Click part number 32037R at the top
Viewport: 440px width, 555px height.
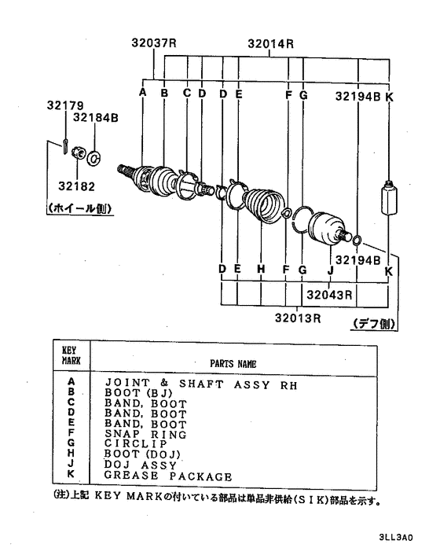tap(154, 42)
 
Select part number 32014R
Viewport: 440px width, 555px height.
tap(270, 44)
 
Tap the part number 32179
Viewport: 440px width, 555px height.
tap(65, 105)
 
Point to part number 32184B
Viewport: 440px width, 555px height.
tap(96, 117)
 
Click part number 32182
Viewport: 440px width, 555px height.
tap(77, 186)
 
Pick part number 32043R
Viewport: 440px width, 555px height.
tap(329, 295)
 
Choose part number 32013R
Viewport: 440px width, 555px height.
tap(298, 318)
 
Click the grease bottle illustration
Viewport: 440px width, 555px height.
tap(389, 197)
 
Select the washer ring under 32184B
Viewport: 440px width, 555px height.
tap(93, 158)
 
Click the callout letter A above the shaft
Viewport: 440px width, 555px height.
tap(142, 93)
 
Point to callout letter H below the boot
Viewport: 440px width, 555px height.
tap(261, 269)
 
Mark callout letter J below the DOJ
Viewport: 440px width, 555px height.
tap(330, 270)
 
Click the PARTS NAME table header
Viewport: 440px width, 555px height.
tap(233, 364)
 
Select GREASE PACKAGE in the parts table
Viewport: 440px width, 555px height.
tap(168, 476)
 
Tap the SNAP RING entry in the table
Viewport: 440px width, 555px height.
tap(145, 434)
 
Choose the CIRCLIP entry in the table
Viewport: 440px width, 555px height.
tap(135, 444)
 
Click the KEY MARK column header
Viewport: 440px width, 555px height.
tap(71, 355)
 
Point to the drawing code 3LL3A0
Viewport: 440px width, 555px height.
tap(396, 537)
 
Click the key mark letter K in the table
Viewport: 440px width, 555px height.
tap(71, 473)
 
